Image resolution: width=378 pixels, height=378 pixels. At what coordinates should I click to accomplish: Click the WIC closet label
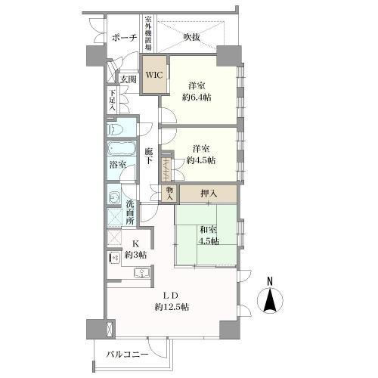pos(154,75)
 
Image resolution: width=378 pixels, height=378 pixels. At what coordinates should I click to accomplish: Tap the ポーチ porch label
pos(125,38)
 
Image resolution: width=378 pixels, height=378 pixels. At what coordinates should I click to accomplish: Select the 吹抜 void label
pos(191,37)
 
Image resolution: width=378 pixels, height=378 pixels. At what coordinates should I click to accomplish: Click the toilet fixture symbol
pos(115,130)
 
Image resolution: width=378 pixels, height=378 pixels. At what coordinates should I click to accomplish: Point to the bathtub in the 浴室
pos(122,148)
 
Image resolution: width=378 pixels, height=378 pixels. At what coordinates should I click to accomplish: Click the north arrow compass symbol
pos(270,300)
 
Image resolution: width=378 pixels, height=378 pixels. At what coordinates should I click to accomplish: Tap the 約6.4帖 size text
pos(197,98)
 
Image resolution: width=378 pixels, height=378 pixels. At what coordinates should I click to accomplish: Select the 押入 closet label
pos(209,194)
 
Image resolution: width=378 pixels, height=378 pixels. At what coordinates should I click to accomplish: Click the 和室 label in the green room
pos(208,230)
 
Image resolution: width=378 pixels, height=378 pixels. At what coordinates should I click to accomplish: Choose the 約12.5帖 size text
pos(172,307)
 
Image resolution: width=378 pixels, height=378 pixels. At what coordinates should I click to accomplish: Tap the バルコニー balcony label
pos(127,355)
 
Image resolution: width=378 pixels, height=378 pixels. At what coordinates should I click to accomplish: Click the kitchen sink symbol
pos(141,273)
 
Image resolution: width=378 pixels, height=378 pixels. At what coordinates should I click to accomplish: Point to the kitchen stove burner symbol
pos(114,258)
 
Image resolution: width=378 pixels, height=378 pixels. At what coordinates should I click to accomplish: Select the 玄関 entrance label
pos(128,79)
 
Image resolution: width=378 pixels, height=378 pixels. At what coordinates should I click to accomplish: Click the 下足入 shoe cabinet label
pos(112,101)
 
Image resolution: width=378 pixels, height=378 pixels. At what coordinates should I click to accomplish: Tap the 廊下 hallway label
pos(149,156)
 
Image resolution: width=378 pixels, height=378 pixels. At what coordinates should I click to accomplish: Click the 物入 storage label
pos(170,194)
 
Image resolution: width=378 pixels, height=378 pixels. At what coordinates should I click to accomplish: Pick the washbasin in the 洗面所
pos(115,197)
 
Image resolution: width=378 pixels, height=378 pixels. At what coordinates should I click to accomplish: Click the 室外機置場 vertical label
pos(148,33)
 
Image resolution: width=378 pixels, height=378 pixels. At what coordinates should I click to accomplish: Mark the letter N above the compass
pos(270,281)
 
